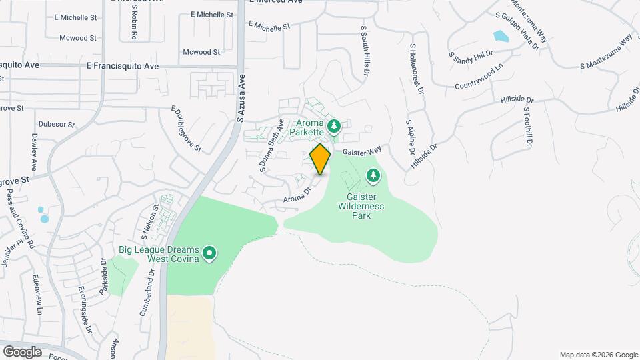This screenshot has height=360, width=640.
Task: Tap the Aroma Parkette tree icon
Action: coord(335,125)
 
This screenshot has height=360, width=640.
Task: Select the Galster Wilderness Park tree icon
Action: coord(373,176)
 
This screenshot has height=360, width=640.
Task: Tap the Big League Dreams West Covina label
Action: coord(159,254)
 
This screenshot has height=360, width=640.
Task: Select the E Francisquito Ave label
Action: coord(123,67)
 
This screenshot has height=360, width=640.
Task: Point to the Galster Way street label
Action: coord(362,151)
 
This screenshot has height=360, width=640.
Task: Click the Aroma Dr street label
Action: coord(297,194)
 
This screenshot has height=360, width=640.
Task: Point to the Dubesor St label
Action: coord(55,123)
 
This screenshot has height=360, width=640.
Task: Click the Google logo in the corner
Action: coord(22,351)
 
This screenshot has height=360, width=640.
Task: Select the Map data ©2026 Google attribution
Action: coord(598,355)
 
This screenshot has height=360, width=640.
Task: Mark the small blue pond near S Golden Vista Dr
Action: coord(500,36)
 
